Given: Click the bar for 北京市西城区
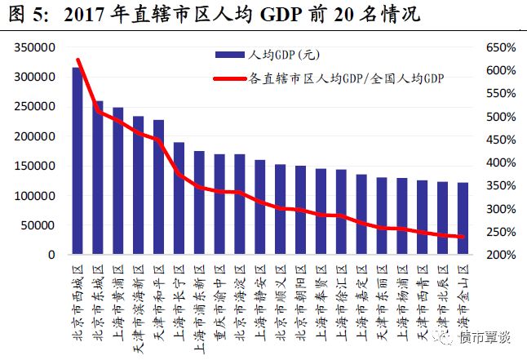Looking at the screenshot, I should point(77,162).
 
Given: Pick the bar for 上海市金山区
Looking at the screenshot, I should point(463,219).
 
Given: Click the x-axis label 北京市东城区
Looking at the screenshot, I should point(98,302).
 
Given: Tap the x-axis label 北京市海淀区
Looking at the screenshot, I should point(240,302).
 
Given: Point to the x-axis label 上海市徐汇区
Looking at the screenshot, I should point(341,302).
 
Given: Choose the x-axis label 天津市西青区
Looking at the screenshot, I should point(423,302).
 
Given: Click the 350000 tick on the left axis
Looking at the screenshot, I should point(36,47).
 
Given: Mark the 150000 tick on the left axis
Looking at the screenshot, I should point(36,166).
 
